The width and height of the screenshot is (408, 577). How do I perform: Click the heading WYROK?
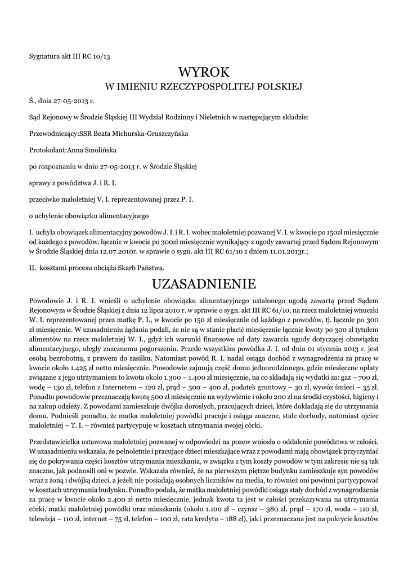(x=204, y=72)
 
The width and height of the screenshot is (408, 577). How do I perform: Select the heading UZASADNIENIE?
(x=204, y=282)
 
